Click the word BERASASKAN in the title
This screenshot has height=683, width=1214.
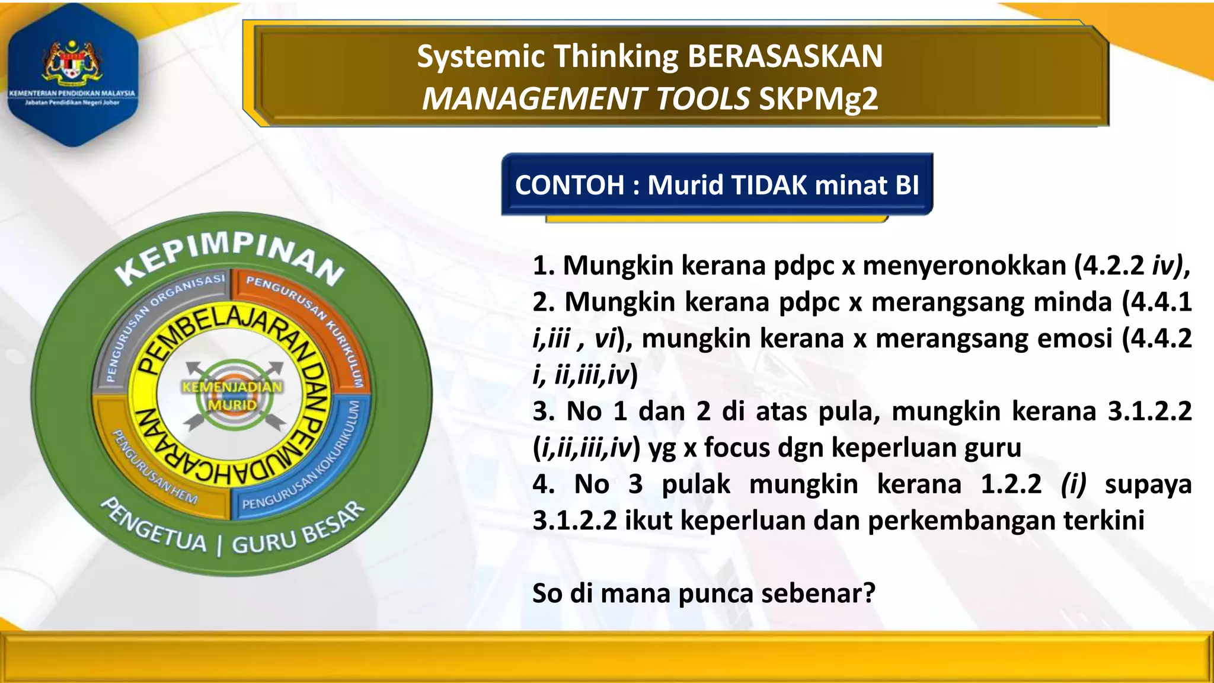785,56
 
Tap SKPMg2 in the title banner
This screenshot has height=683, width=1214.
818,99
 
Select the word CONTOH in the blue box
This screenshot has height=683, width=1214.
570,185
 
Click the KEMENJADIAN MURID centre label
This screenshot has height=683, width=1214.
232,396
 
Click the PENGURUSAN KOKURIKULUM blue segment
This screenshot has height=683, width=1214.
320,468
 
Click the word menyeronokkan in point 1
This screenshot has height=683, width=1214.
964,265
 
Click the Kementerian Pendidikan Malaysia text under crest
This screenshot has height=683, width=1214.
72,93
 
